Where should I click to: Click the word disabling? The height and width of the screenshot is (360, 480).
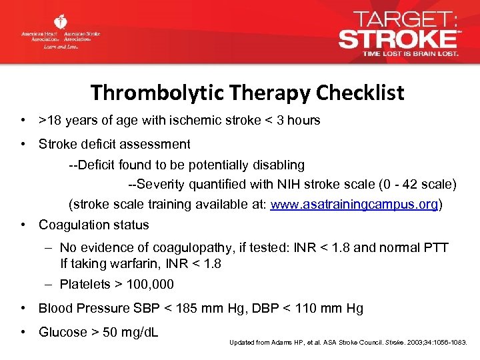276,164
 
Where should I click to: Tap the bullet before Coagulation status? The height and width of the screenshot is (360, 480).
23,225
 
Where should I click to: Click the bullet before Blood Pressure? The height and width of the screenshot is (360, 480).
23,308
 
